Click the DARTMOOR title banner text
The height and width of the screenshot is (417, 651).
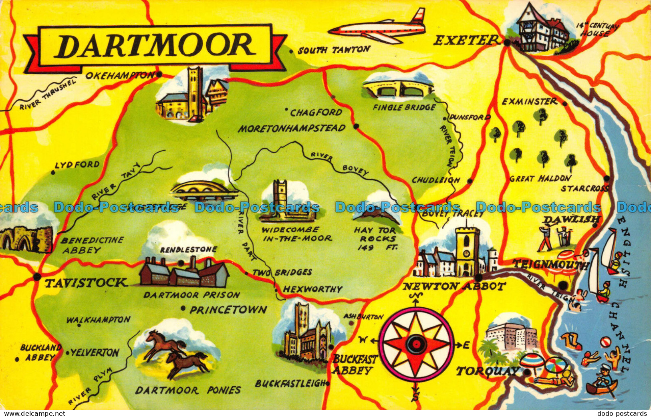click(155, 46)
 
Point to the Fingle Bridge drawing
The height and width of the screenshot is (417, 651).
click(398, 90)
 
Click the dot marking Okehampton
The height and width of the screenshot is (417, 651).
click(159, 74)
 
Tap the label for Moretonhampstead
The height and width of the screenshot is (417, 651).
click(291, 128)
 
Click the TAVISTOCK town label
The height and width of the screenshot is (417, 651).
click(85, 283)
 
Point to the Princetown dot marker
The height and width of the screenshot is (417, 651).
click(183, 308)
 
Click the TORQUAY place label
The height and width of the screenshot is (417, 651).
click(488, 371)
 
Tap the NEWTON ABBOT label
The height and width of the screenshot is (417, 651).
click(454, 286)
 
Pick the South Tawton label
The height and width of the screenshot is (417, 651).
click(334, 50)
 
